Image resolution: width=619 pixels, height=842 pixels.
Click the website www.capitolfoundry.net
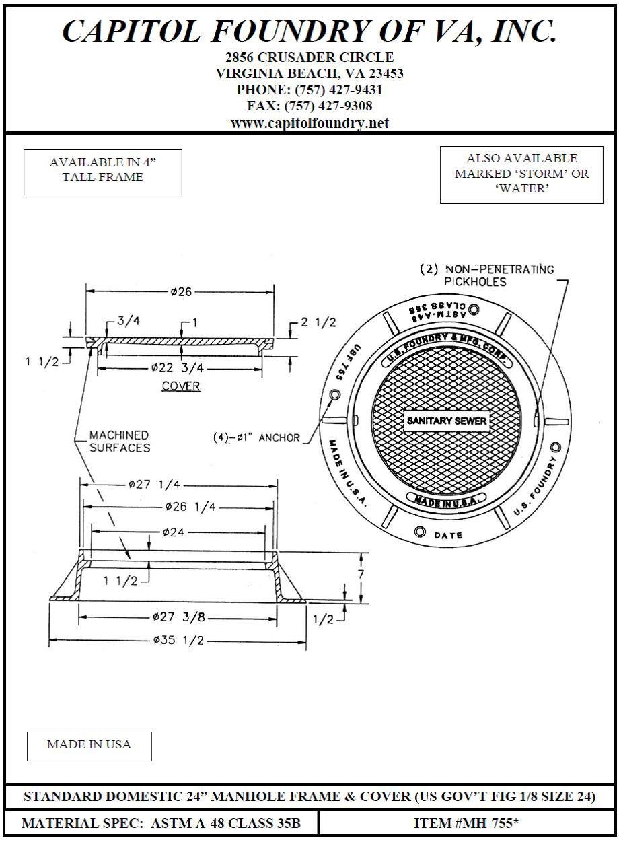point(309,123)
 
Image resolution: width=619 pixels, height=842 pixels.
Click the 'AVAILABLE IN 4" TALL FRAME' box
point(103,172)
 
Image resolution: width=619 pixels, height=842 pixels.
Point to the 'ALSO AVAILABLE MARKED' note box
point(521,174)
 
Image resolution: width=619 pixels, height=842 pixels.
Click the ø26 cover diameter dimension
point(181,292)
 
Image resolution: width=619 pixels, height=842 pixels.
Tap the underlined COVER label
point(181,386)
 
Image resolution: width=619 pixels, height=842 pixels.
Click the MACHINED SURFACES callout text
point(119,442)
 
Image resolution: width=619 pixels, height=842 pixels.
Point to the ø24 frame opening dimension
point(174,532)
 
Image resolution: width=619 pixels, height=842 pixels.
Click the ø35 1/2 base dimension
point(178,641)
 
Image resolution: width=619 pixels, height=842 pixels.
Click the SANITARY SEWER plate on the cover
point(446,421)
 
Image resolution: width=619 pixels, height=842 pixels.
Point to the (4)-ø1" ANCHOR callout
point(256,437)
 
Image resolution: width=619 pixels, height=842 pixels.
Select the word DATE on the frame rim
point(447,536)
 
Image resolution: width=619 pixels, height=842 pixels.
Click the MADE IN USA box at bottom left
point(89,745)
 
